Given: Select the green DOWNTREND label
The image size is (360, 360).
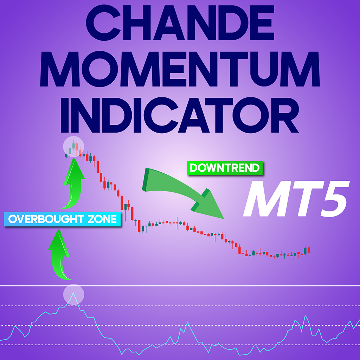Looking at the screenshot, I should pos(225,168).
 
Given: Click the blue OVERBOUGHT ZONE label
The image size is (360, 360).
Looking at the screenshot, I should pos(62,219).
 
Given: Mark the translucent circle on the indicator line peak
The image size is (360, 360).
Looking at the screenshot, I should pos(73,294).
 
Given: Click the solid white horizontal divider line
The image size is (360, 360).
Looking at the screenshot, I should pos(180,286).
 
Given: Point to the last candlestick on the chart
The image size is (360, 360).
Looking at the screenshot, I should pos(309,250).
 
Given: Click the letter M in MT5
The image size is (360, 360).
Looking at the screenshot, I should pos(262,200).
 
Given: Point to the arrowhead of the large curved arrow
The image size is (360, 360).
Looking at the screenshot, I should pos(211,206).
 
